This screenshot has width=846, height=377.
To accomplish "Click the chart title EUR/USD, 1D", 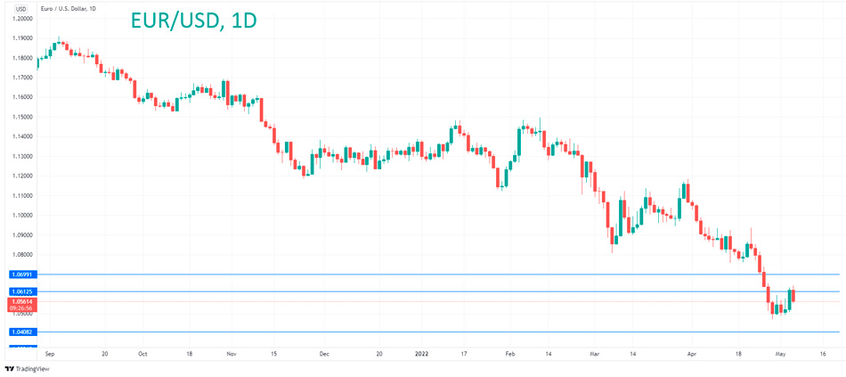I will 193,20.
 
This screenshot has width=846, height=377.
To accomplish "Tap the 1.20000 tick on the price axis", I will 22,18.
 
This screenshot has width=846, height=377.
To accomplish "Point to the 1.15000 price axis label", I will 22,117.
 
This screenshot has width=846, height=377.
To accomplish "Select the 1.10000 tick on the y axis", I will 22,215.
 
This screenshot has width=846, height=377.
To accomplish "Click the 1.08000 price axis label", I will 22,254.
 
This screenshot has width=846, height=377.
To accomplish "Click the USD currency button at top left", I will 21,7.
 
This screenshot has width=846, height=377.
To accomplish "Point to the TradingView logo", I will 28,368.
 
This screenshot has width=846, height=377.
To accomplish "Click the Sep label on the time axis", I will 50,354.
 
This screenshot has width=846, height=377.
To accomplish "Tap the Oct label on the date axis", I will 142,354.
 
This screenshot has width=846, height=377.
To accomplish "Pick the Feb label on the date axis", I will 510,354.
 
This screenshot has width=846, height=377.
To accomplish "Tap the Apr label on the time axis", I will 692,354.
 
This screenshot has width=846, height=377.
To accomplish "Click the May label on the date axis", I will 780,354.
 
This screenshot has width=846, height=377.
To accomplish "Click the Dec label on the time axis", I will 324,354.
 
